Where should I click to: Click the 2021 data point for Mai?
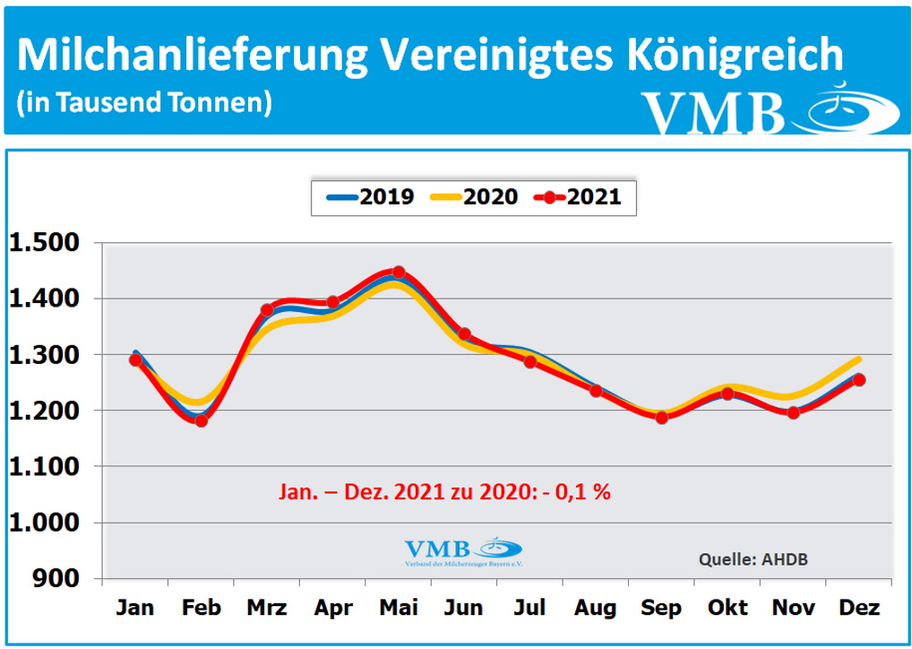(x=399, y=272)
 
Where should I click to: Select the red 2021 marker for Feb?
(x=202, y=420)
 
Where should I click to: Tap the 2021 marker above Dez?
(x=859, y=379)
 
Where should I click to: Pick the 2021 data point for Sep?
(x=662, y=417)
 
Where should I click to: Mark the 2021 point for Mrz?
(x=267, y=310)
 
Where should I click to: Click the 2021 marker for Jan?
(x=136, y=359)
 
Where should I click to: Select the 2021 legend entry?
(x=580, y=197)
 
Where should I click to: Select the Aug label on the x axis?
(x=596, y=608)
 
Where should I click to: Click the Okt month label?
(x=727, y=608)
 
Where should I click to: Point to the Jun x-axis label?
(x=464, y=608)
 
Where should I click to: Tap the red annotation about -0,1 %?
(x=443, y=491)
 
